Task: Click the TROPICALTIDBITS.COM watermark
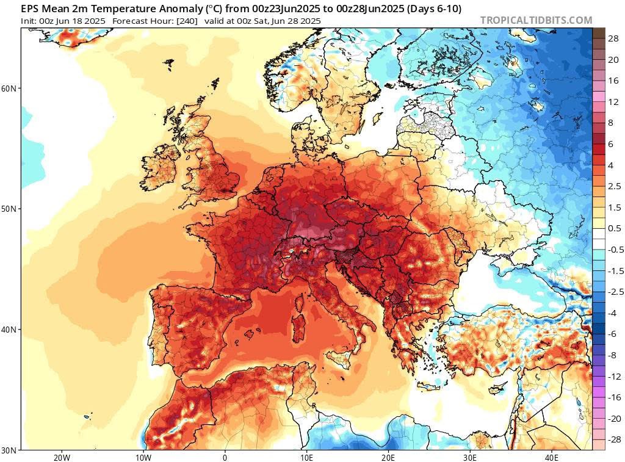[536, 20]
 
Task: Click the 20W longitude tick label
[61, 457]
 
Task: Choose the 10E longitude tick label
[306, 457]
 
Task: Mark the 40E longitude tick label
[551, 457]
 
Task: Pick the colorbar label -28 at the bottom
[613, 439]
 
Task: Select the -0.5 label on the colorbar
[615, 249]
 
